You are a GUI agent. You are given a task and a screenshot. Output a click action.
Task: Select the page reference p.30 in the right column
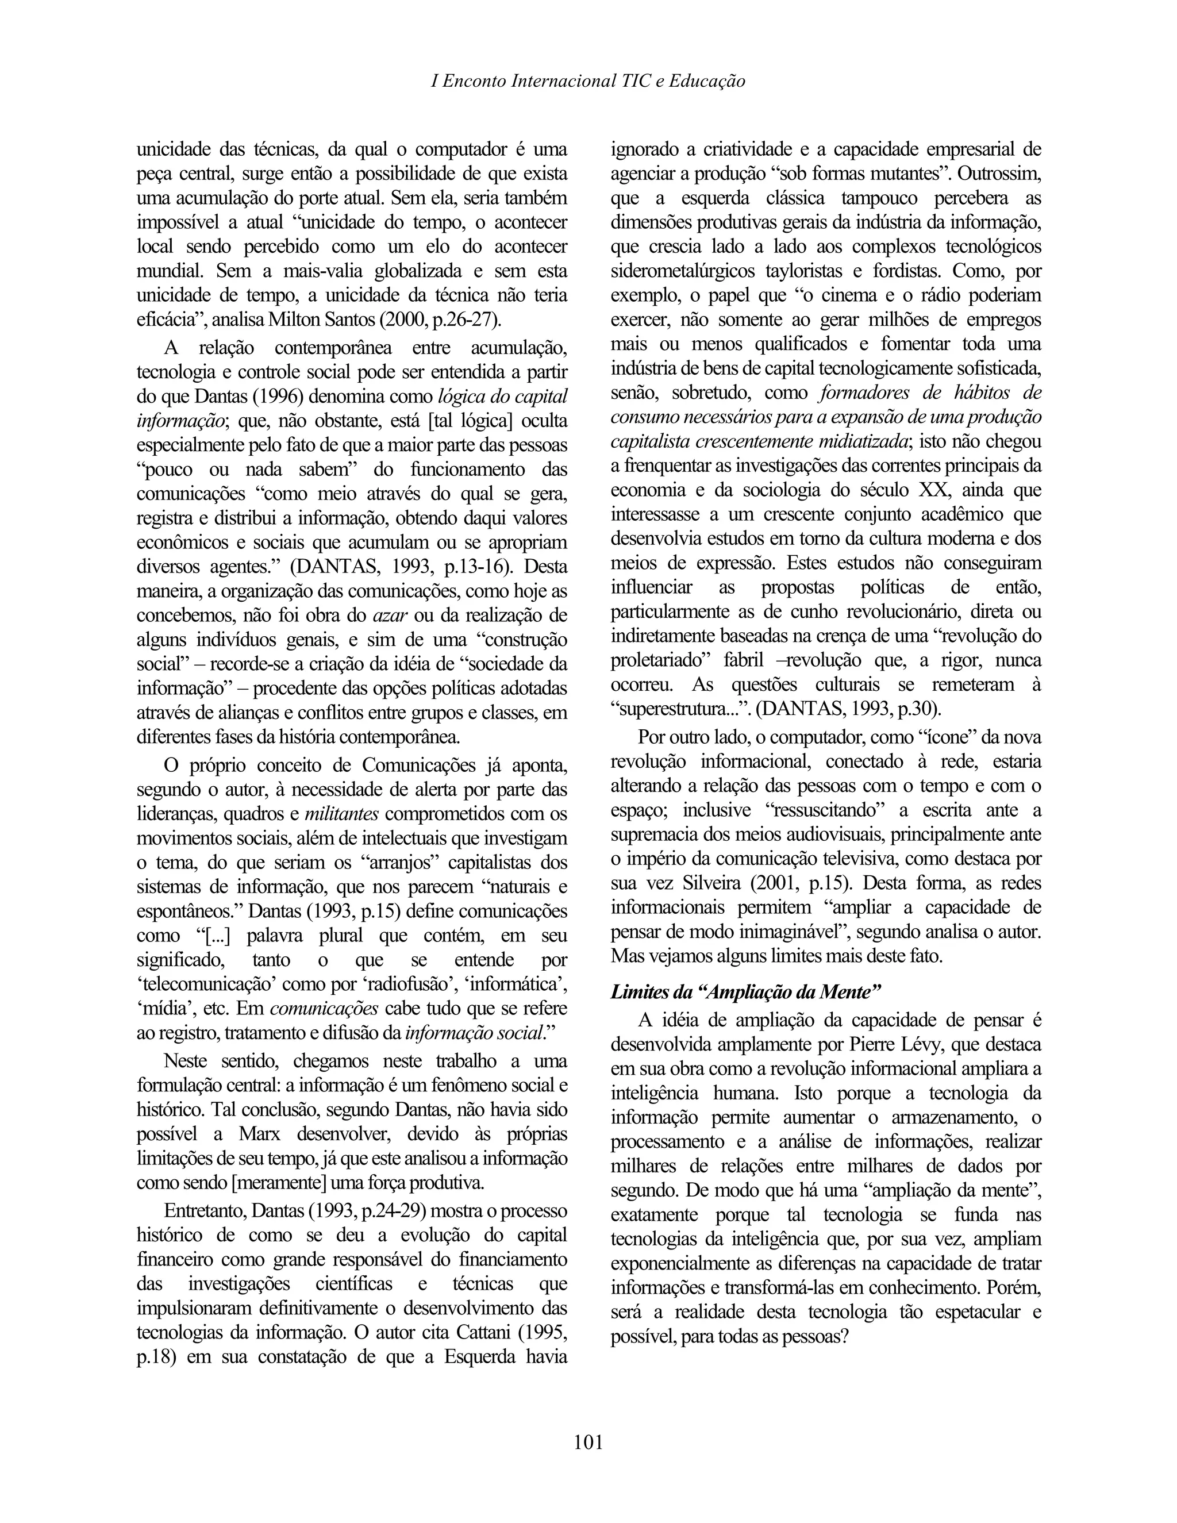[918, 710]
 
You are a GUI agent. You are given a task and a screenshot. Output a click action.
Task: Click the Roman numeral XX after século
[935, 490]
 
